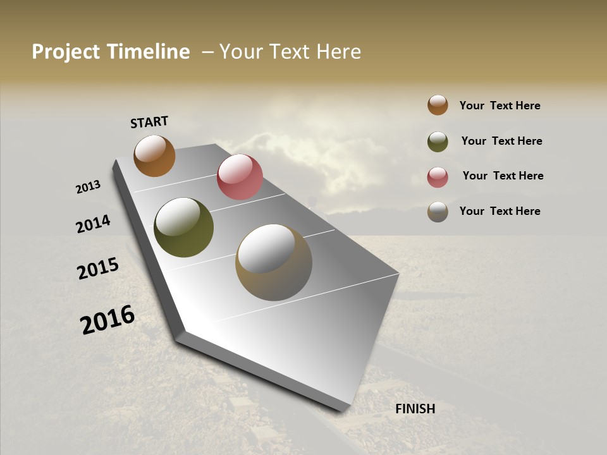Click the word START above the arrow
(x=149, y=122)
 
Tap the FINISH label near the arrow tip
(x=415, y=409)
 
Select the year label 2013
(x=88, y=187)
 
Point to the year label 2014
(x=93, y=224)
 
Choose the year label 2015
(x=98, y=269)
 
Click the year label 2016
(x=107, y=320)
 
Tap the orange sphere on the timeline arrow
(x=154, y=155)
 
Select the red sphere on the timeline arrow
(x=240, y=177)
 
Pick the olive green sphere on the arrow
(x=183, y=227)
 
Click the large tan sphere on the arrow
(x=273, y=262)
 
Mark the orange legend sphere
(x=438, y=105)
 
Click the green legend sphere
(x=438, y=142)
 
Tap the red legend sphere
(x=438, y=177)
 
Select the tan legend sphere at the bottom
(x=438, y=212)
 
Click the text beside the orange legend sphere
(x=500, y=106)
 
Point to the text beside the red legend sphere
(x=503, y=176)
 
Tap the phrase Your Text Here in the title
(x=290, y=52)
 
